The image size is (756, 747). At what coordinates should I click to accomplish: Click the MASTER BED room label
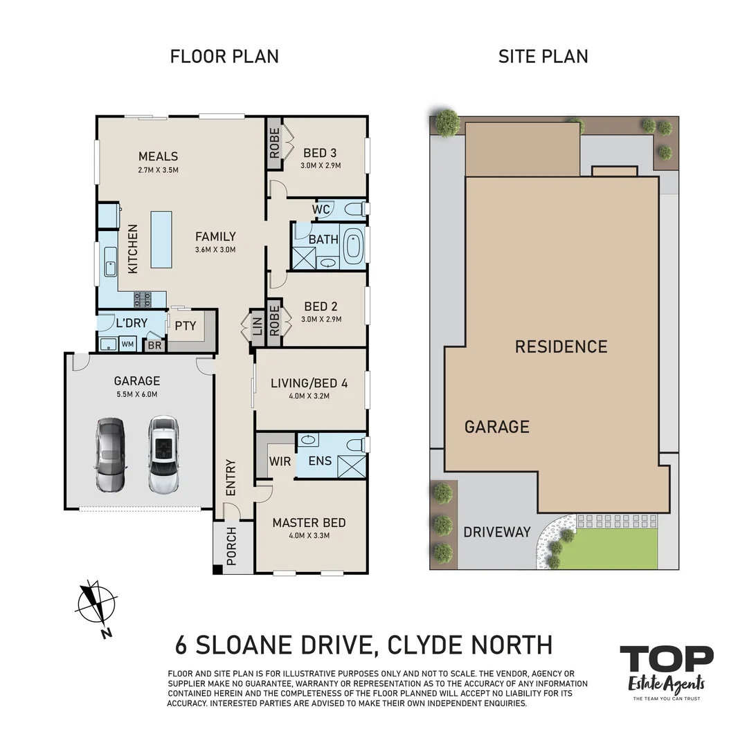click(309, 523)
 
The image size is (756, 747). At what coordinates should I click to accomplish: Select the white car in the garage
click(162, 454)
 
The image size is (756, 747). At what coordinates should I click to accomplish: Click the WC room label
click(321, 209)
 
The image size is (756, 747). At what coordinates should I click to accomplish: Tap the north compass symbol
click(96, 605)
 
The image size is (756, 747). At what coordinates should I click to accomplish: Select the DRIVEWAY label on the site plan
click(496, 532)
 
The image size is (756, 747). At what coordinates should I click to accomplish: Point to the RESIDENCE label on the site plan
click(561, 347)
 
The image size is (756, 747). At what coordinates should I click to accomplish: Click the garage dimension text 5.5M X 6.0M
click(136, 395)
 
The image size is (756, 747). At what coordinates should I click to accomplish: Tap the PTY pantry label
click(186, 326)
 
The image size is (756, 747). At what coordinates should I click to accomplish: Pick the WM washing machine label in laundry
click(128, 344)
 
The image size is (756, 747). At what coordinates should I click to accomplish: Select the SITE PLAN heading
click(543, 56)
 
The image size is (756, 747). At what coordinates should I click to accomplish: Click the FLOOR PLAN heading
click(224, 56)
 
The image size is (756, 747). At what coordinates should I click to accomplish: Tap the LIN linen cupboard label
click(258, 326)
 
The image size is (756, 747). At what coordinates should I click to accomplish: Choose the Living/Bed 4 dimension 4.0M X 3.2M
click(309, 396)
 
